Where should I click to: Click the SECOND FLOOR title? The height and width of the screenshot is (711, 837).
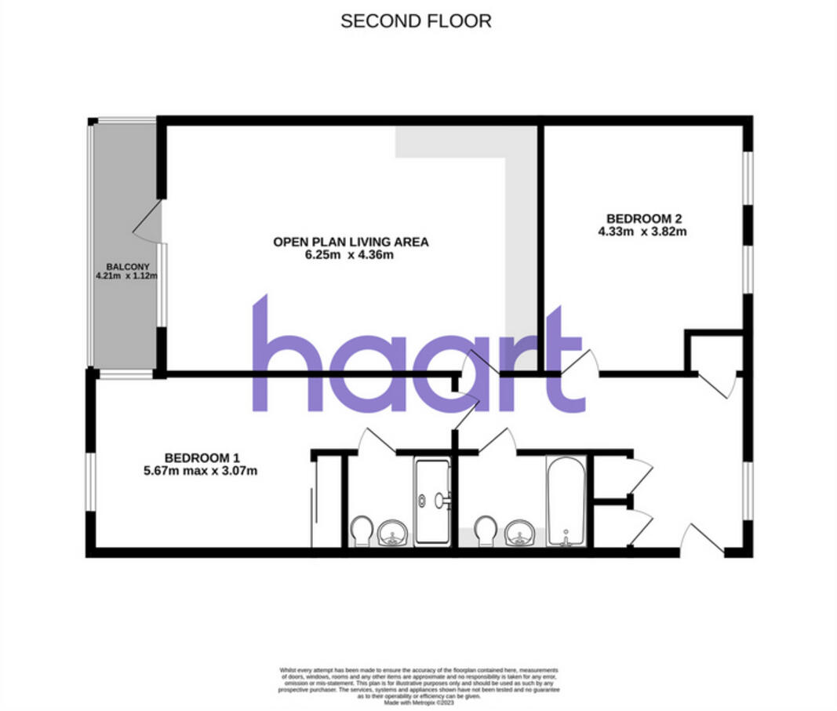pos(416,21)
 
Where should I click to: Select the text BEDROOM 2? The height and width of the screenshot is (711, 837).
pos(639,219)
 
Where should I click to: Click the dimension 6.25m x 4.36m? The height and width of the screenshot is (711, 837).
pos(351,255)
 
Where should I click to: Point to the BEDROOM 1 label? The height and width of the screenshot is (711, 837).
pos(201,458)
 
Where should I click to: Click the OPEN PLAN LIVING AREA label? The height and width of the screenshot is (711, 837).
pos(351,242)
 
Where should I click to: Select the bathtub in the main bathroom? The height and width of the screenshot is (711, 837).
pos(565,502)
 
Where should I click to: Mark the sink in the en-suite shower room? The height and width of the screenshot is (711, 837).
pos(391,534)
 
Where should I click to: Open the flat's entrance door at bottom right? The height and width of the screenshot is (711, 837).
pos(701,540)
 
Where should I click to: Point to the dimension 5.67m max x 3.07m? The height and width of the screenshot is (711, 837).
pos(201,471)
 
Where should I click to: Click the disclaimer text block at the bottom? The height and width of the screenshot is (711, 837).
pos(419,683)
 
